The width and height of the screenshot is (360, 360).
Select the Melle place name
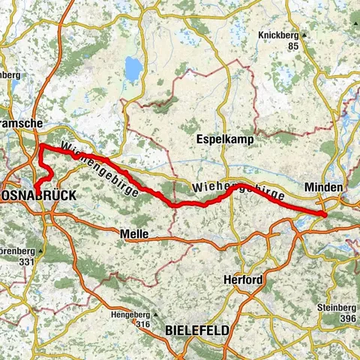coord(133,235)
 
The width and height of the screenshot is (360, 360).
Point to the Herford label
coord(242,280)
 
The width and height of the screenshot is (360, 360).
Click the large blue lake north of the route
coord(132,70)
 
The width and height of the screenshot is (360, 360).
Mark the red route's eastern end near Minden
coord(325,215)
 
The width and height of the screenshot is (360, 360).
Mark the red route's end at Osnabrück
coord(35,188)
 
